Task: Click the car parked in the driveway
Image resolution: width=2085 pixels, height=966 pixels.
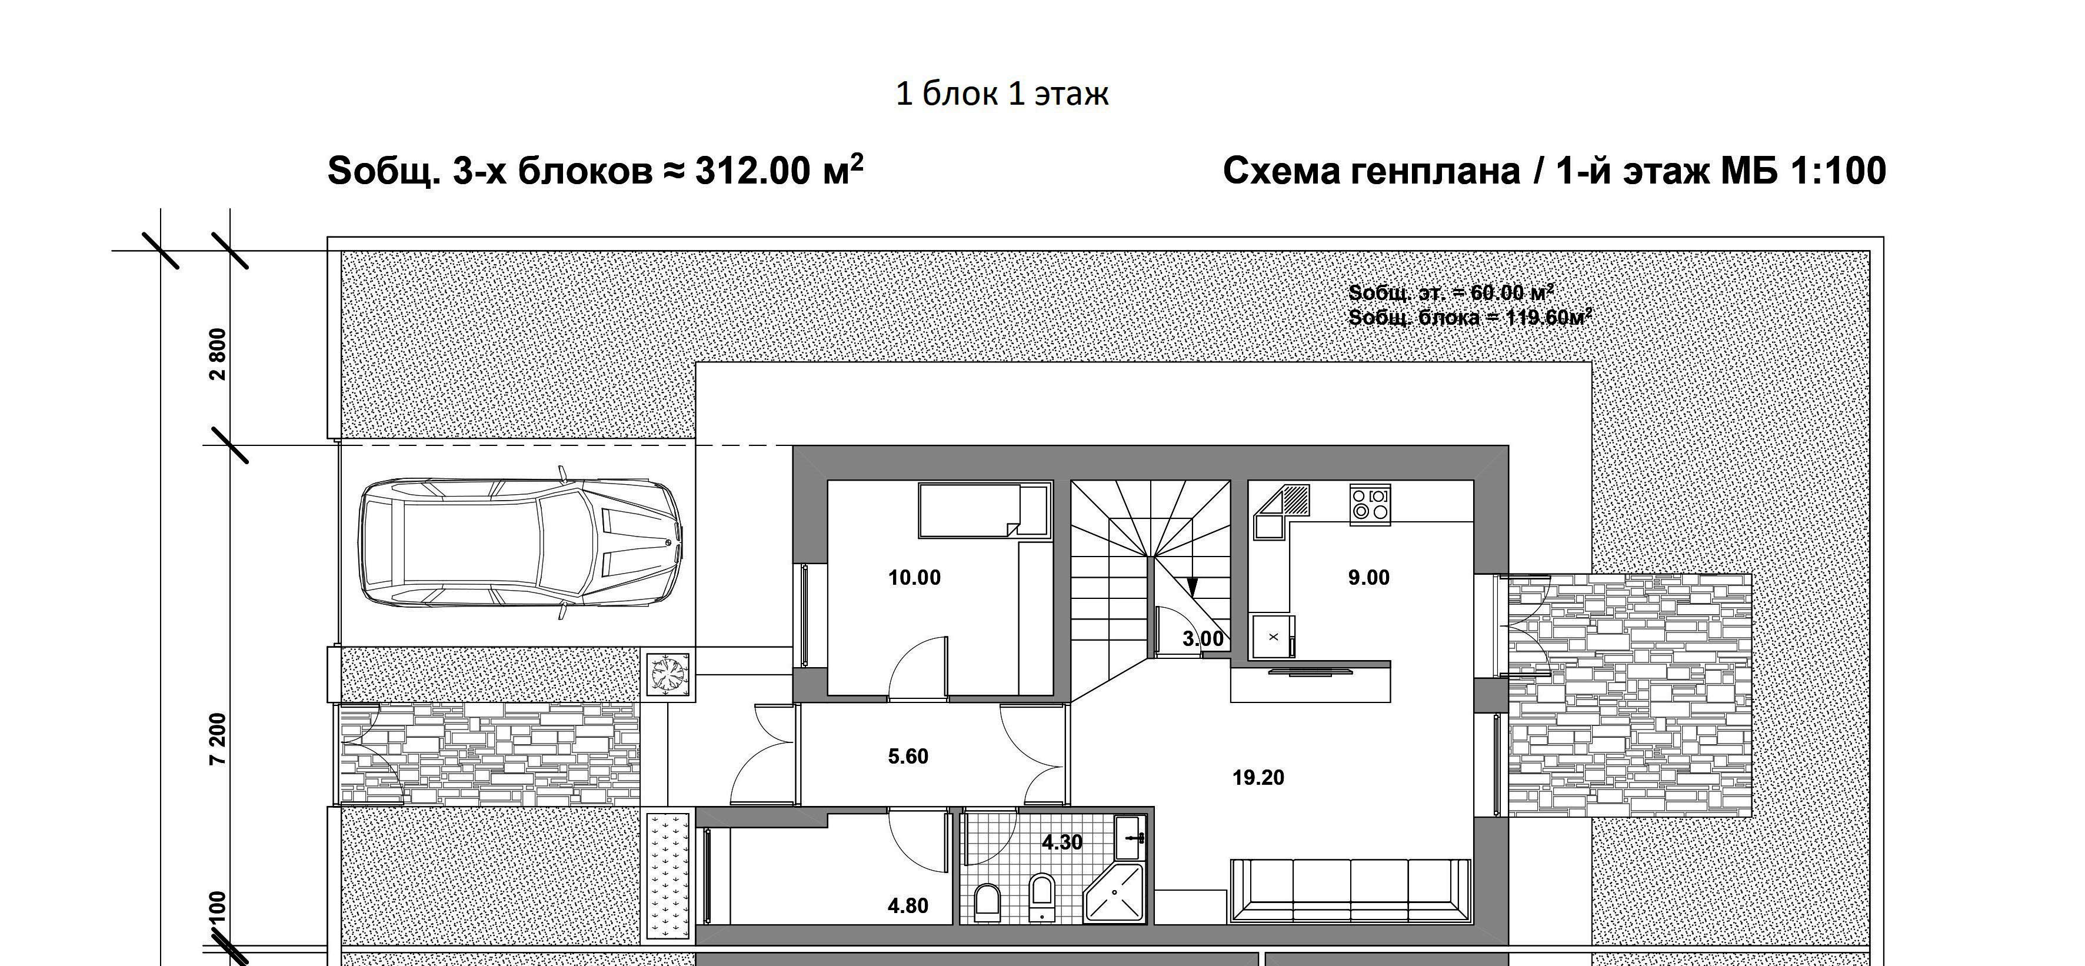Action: [x=521, y=543]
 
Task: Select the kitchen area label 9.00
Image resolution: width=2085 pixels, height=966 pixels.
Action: [x=1368, y=578]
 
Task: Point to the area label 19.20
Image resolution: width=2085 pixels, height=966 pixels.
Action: [x=1258, y=778]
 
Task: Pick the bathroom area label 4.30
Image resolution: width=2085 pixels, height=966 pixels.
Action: [x=1061, y=842]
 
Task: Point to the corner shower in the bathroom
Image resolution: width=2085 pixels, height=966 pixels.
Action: [x=1114, y=893]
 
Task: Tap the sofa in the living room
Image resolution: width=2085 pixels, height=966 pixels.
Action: [x=1350, y=890]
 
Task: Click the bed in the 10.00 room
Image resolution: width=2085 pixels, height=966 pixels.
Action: [x=984, y=509]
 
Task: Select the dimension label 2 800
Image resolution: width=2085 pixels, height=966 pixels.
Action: [x=218, y=354]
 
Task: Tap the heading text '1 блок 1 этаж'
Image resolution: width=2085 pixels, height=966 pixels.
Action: [x=1001, y=94]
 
